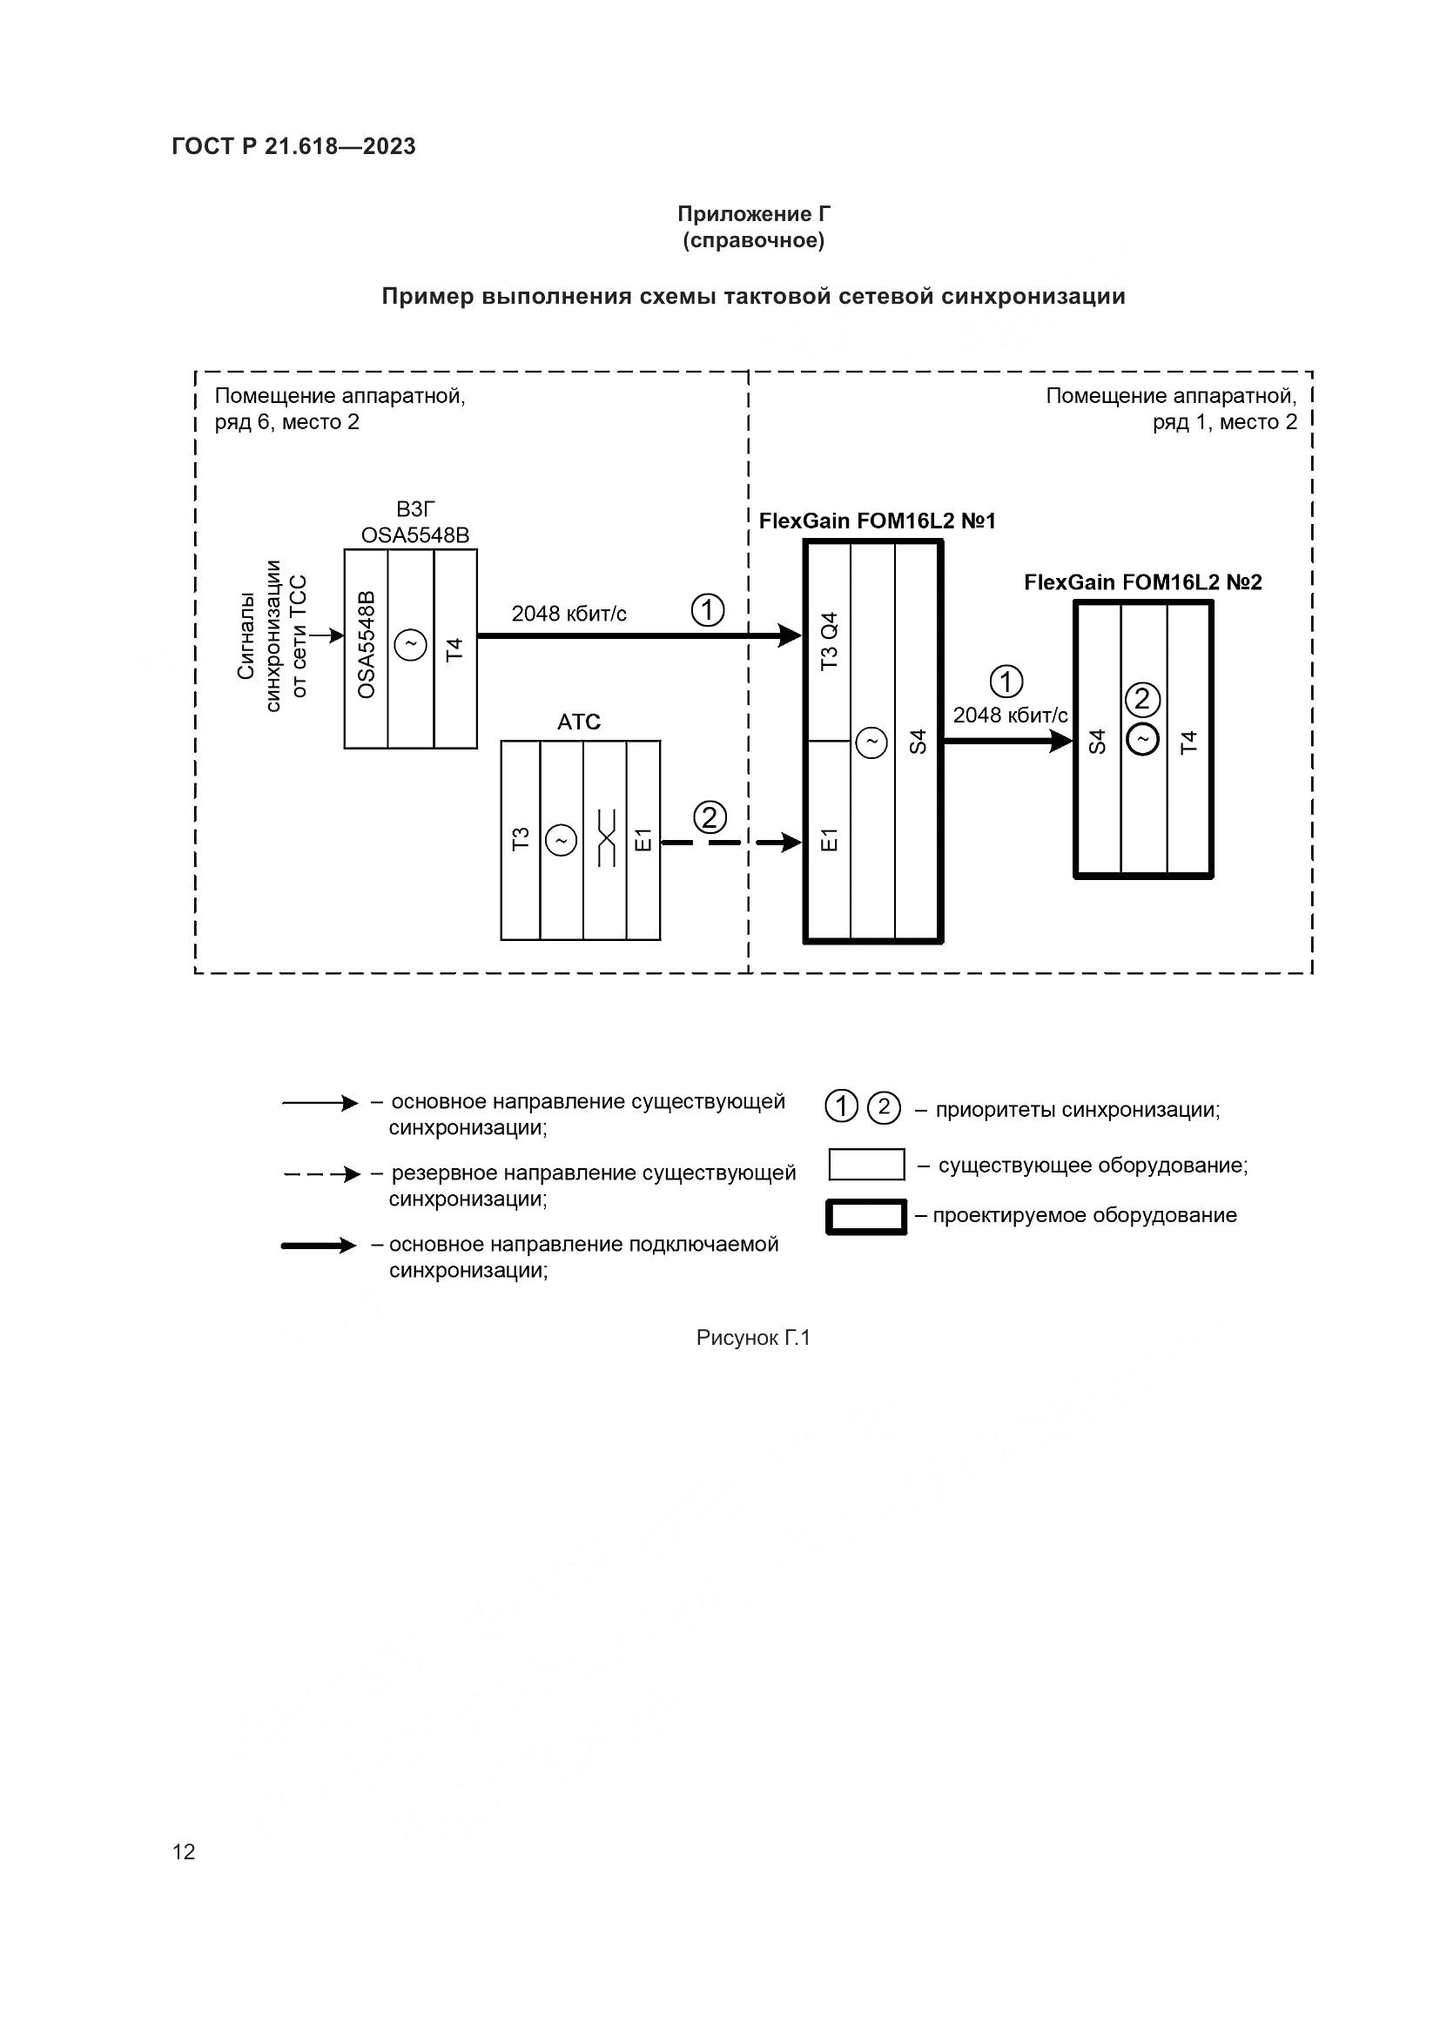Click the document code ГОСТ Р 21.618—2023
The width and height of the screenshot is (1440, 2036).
coord(293,147)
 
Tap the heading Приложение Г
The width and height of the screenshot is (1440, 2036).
coord(754,214)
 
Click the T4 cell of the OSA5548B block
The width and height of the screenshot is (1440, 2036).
coord(454,649)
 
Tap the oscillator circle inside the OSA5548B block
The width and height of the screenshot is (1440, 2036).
coord(411,645)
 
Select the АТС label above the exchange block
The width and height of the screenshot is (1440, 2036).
coord(579,722)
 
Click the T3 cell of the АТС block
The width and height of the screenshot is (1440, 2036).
coord(521,839)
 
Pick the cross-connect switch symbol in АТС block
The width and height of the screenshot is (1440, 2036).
coord(606,839)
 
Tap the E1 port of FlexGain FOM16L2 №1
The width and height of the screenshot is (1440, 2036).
coord(828,840)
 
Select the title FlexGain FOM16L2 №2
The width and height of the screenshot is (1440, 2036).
coord(1142,582)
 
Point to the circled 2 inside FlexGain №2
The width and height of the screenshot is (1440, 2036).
coord(1142,701)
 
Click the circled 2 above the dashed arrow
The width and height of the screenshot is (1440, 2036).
coord(710,816)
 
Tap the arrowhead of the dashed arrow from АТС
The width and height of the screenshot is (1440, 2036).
coord(791,842)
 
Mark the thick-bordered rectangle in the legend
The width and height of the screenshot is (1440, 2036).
coord(866,1217)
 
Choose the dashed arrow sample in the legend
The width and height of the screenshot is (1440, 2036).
coord(321,1175)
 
